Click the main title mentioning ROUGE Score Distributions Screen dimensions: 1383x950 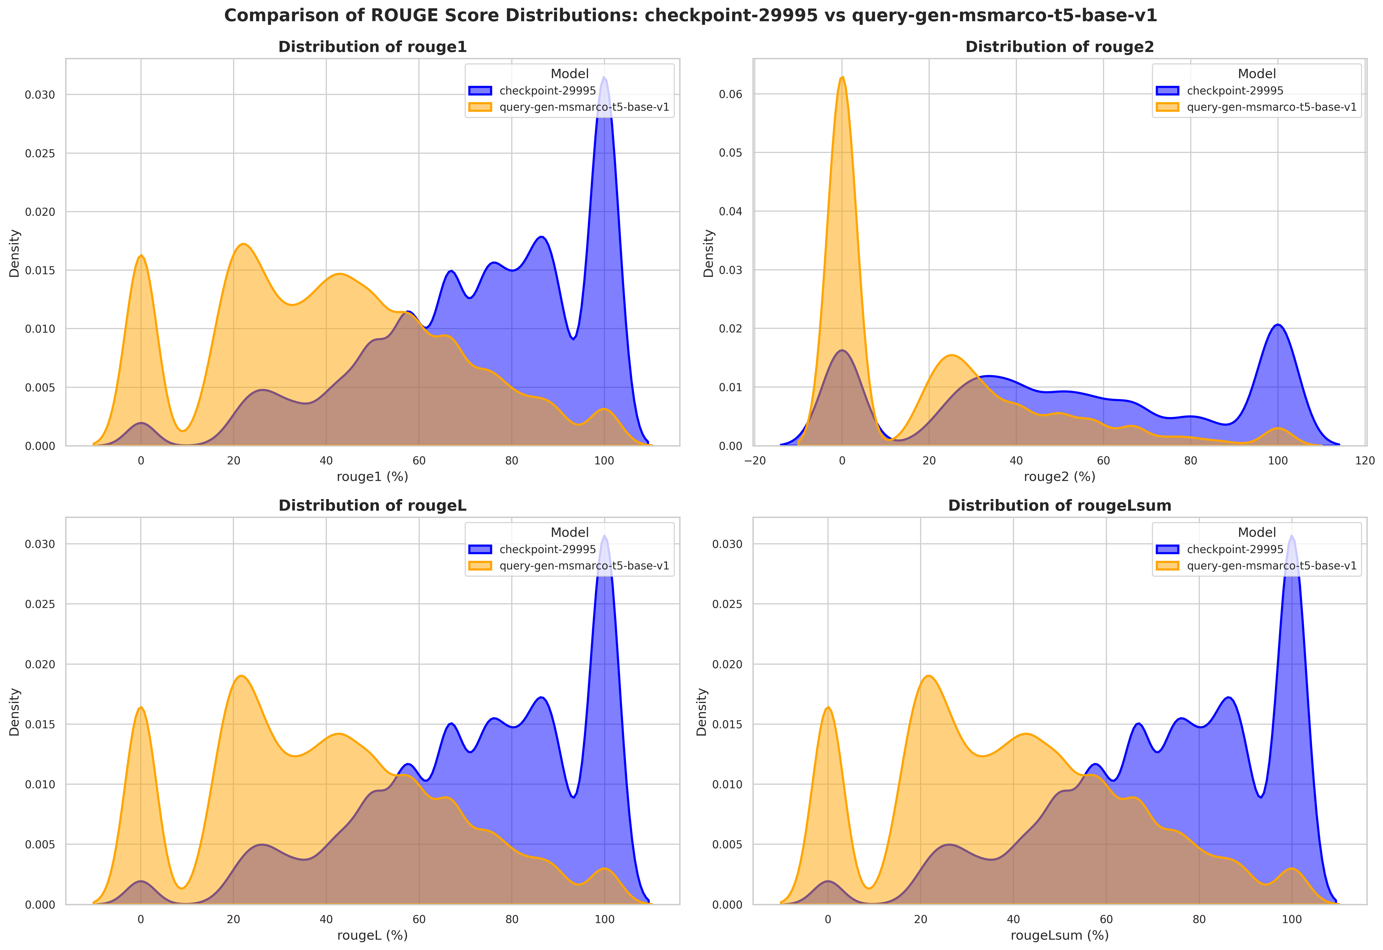tap(691, 16)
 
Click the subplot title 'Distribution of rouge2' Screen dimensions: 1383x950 tap(1060, 47)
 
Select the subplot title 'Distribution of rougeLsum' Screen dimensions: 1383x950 tap(1060, 506)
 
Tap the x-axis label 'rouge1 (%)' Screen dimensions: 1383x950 tap(373, 477)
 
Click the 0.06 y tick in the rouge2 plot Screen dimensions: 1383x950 tap(731, 94)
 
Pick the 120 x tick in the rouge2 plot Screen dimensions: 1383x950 tap(1365, 461)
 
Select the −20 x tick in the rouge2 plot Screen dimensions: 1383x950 tap(755, 461)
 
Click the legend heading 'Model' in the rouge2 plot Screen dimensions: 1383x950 tap(1257, 74)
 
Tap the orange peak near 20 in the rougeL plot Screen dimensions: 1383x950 tap(241, 676)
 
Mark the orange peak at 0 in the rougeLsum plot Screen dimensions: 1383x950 tap(827, 708)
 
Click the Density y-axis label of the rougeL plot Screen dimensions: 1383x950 tap(14, 712)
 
